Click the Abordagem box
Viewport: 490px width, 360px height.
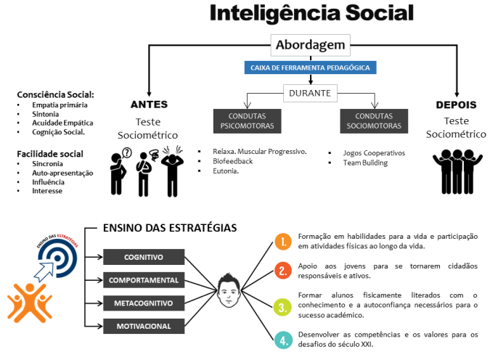(x=311, y=46)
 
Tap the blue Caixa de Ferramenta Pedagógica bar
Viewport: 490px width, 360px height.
(x=311, y=67)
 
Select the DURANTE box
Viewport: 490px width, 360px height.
(x=311, y=93)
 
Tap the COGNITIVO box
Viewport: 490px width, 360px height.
(x=143, y=257)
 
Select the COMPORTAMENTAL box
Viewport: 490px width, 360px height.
(x=143, y=279)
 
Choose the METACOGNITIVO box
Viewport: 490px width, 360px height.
(x=143, y=302)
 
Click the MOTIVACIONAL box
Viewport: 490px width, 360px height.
(x=143, y=325)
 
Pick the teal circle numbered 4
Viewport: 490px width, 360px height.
(x=283, y=338)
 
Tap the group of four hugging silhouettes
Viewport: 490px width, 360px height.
(x=456, y=166)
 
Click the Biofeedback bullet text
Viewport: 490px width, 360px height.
(x=232, y=161)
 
